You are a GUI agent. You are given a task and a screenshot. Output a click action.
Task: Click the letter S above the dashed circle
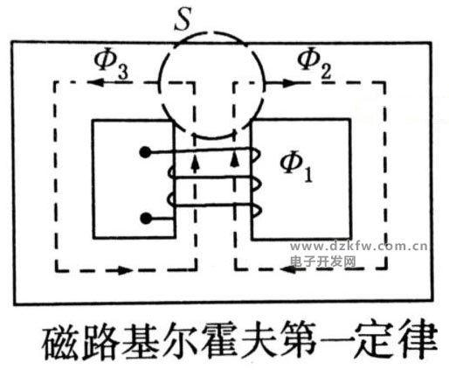(x=183, y=20)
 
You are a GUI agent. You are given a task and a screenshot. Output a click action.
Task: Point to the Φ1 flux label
(x=296, y=167)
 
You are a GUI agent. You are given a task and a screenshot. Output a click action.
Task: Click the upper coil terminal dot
(x=145, y=152)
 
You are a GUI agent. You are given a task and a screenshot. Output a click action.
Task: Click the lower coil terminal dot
(x=146, y=218)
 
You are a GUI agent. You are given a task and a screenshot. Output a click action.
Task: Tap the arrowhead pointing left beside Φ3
(x=97, y=82)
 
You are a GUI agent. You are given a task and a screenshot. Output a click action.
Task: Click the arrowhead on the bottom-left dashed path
(x=123, y=270)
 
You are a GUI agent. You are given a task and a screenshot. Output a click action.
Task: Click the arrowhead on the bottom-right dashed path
(x=290, y=269)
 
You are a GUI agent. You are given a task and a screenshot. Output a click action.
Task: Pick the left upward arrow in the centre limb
(x=196, y=164)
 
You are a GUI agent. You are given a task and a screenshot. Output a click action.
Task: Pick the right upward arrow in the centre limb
(x=235, y=160)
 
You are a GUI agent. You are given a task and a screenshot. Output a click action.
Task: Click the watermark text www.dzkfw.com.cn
(x=359, y=247)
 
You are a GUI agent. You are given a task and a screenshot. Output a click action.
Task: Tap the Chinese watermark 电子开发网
(x=323, y=262)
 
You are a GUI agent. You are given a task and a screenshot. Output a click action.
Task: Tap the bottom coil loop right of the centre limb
(x=255, y=211)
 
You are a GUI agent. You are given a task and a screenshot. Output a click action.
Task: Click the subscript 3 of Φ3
(x=122, y=72)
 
